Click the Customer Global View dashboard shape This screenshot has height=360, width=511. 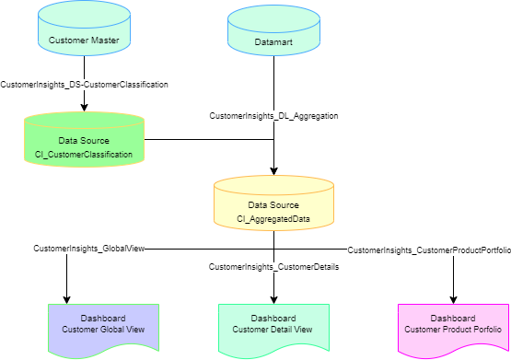103,327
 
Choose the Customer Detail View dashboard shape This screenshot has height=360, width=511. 273,327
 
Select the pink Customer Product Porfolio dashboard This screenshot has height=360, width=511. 452,327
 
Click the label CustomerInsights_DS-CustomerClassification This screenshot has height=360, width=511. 84,84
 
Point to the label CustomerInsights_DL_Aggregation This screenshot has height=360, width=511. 273,116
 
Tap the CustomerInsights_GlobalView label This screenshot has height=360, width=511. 89,249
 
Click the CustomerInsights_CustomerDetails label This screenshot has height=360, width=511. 273,267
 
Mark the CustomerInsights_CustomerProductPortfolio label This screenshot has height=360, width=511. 428,250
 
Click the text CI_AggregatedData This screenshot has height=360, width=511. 273,219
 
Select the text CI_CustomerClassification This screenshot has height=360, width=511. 84,155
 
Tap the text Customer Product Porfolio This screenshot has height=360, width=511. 452,330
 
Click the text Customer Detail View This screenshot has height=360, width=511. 273,330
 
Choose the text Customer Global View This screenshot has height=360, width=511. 103,330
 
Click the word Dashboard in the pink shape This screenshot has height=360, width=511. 452,318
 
